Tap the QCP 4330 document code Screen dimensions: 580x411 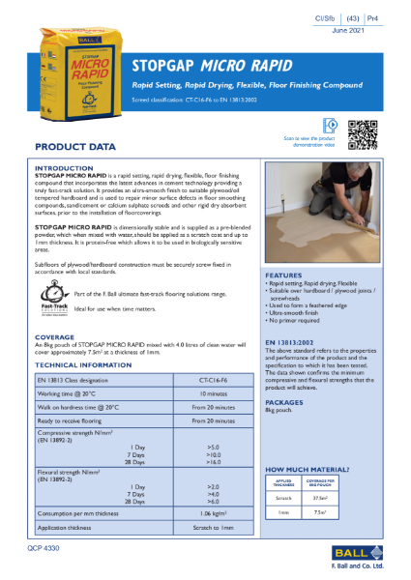[x=49, y=547]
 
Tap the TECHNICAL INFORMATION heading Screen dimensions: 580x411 [x=85, y=365]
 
